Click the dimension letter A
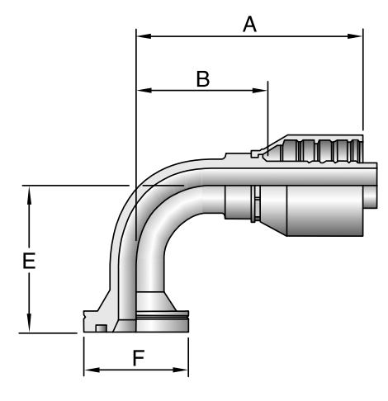[x=249, y=24]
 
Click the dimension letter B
[x=203, y=79]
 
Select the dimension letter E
[x=29, y=261]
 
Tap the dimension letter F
[x=139, y=357]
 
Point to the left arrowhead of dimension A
[x=144, y=36]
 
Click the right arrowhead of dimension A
[x=355, y=36]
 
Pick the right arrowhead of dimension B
[x=260, y=90]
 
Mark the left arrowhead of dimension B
[x=144, y=90]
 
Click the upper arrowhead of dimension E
[x=29, y=196]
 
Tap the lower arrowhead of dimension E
[x=29, y=323]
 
